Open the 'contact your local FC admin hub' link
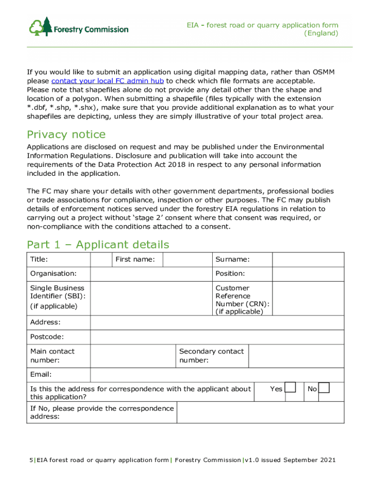pyautogui.click(x=107, y=81)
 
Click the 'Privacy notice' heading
pyautogui.click(x=66, y=134)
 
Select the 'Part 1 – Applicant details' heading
pyautogui.click(x=98, y=245)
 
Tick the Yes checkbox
pyautogui.click(x=290, y=388)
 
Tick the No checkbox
pyautogui.click(x=324, y=388)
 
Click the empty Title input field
pyautogui.click(x=102, y=260)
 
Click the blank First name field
pyautogui.click(x=187, y=260)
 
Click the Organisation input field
pyautogui.click(x=151, y=274)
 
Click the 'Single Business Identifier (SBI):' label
pyautogui.click(x=57, y=292)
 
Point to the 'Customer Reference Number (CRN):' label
pyautogui.click(x=242, y=300)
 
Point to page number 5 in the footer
pyautogui.click(x=29, y=460)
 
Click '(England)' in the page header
pyautogui.click(x=321, y=33)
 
